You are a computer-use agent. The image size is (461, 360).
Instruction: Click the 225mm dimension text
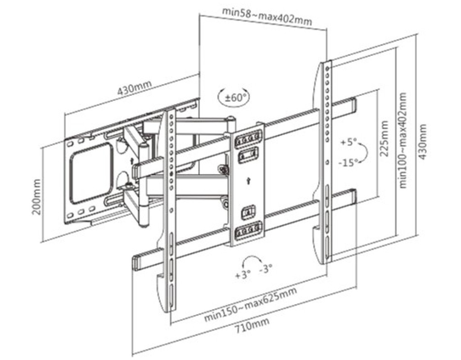click(384, 138)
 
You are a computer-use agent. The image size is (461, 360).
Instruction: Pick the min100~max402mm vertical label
click(402, 140)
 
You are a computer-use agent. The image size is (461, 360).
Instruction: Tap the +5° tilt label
click(348, 142)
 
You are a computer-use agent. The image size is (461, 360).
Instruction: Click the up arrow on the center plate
click(248, 181)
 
